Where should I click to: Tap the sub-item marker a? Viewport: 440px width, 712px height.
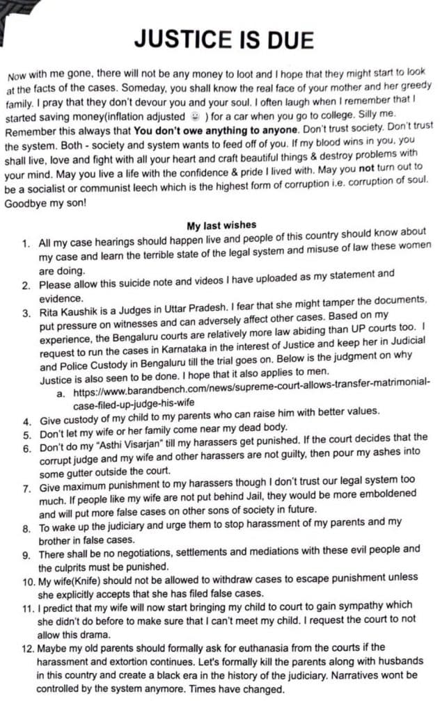[61, 394]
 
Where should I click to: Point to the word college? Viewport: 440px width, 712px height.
[349, 118]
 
